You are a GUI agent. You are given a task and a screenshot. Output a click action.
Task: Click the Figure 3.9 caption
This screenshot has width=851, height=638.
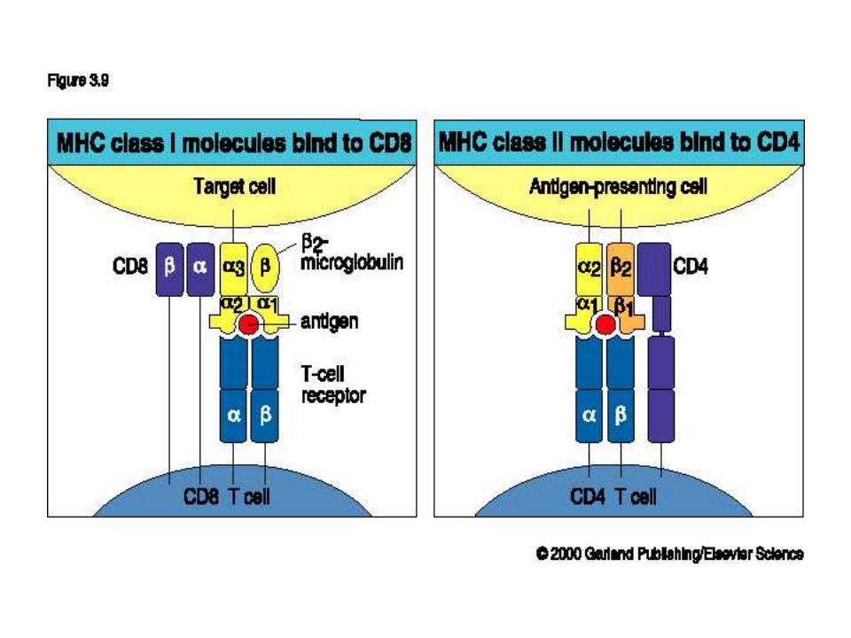78,81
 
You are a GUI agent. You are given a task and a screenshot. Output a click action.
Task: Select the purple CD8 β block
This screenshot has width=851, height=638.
169,269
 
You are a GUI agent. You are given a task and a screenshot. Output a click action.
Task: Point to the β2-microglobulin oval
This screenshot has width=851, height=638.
265,268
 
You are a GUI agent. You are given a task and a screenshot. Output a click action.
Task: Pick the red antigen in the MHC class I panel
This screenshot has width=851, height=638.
249,324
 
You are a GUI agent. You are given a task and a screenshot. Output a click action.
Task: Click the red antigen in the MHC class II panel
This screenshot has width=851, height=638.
605,324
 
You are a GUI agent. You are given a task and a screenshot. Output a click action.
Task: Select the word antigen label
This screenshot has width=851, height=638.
330,322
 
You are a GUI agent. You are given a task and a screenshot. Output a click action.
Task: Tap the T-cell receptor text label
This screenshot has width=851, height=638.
333,385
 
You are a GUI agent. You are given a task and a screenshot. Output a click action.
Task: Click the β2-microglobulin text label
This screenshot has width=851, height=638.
352,253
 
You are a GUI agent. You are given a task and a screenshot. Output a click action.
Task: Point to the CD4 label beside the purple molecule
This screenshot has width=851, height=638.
691,267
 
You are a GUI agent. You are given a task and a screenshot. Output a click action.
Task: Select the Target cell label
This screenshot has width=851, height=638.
234,187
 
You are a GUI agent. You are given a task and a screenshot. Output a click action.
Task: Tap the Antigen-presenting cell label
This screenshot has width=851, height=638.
618,187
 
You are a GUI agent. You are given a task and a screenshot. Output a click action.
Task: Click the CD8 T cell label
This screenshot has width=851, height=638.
226,496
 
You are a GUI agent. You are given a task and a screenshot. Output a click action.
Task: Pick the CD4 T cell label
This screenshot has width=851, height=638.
613,496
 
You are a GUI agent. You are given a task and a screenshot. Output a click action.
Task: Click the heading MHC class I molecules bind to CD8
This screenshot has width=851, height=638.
234,144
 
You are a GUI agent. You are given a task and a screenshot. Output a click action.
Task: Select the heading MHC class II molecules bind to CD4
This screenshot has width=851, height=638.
620,143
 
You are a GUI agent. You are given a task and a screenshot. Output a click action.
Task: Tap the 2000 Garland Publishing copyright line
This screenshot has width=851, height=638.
670,554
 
